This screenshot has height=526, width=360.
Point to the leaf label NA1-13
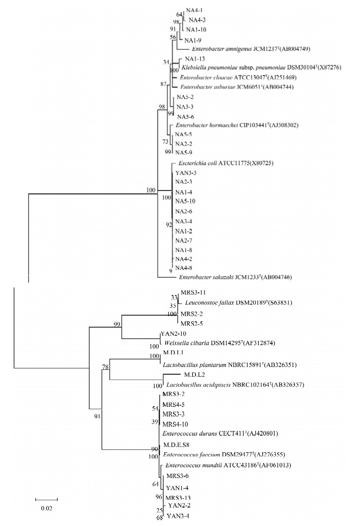point(188,59)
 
